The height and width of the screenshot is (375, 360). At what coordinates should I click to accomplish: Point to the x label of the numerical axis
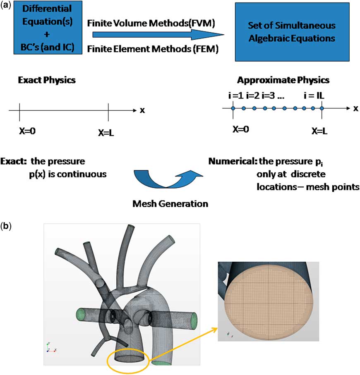tap(355, 109)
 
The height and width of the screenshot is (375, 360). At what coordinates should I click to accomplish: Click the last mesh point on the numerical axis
tap(322, 109)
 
